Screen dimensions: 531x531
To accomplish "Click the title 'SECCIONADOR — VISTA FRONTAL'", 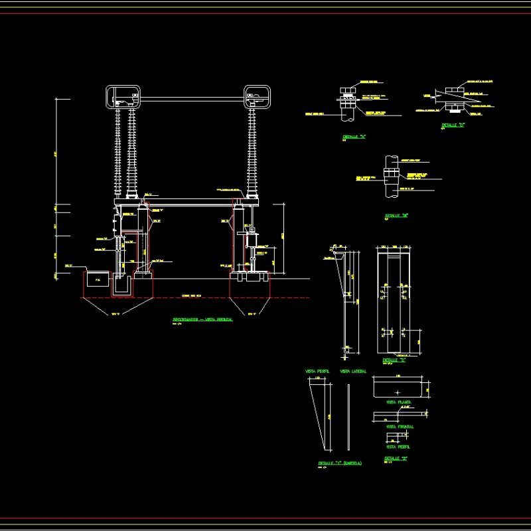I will [202, 319].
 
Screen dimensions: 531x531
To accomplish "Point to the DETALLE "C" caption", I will [394, 361].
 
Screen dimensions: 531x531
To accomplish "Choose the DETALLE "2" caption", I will [396, 459].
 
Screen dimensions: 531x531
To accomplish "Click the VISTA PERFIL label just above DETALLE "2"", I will [399, 447].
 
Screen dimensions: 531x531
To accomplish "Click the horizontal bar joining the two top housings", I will [192, 100].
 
